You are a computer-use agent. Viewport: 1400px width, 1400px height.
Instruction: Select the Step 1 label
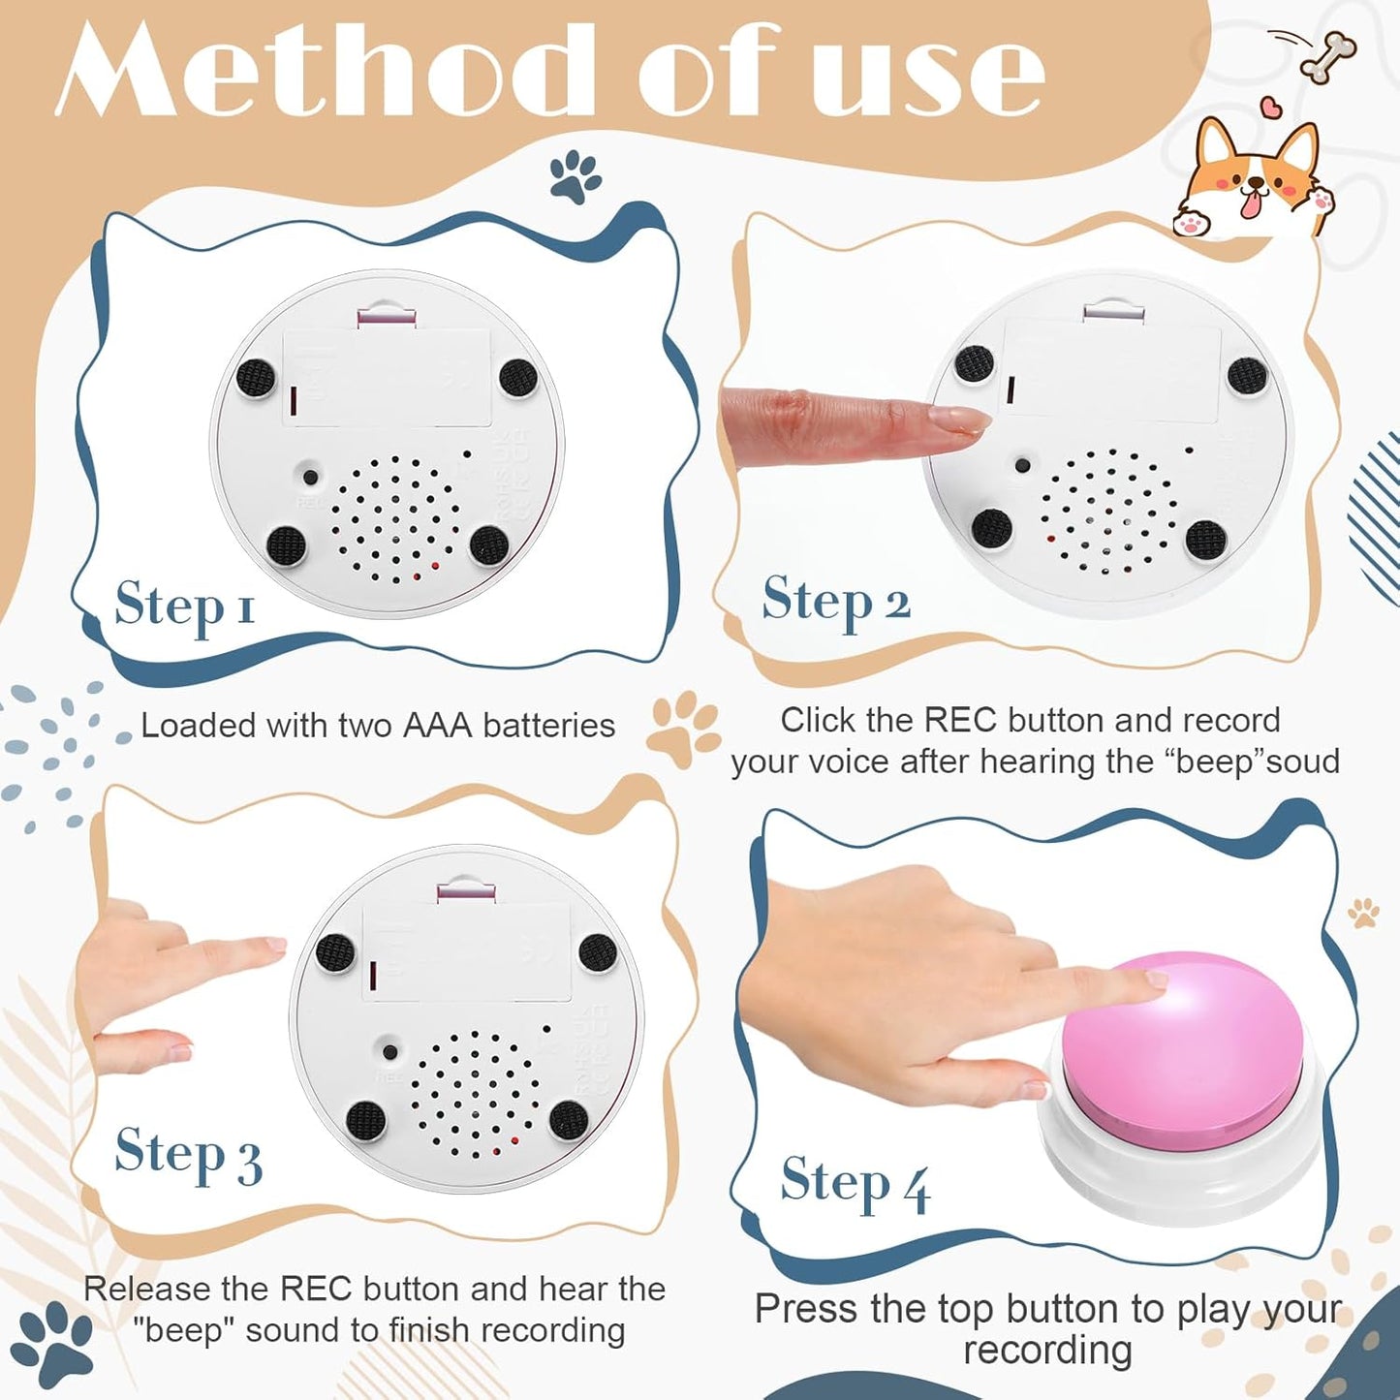184,606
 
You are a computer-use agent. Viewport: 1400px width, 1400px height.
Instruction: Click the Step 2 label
835,601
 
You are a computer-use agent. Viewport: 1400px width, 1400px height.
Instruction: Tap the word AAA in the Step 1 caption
439,726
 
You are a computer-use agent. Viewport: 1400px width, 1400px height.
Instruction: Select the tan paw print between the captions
684,729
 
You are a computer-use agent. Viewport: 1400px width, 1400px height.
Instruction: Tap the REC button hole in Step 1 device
310,477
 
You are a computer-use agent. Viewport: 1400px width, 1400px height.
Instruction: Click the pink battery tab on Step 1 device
387,317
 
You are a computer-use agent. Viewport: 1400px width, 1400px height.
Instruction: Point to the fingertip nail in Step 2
960,419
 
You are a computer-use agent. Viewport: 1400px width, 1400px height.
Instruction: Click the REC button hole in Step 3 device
389,1052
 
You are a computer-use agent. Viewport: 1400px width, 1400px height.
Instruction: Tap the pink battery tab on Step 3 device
466,890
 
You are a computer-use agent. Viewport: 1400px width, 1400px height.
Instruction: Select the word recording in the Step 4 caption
1047,1350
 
